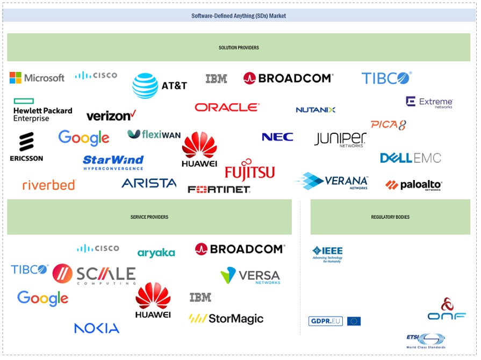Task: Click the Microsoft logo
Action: click(37, 78)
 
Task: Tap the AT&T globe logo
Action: click(145, 85)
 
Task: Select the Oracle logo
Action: click(227, 107)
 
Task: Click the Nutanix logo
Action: click(315, 110)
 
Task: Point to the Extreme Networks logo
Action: click(429, 102)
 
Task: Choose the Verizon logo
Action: click(111, 115)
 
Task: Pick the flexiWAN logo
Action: click(154, 134)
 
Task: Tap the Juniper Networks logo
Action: click(340, 139)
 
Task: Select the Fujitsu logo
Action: click(249, 169)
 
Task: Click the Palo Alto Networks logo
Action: click(413, 185)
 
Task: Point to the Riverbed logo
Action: click(49, 185)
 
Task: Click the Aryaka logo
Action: click(156, 253)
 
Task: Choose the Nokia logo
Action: click(97, 328)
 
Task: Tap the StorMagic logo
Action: click(226, 319)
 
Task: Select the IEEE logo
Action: click(327, 254)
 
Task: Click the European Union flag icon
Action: click(354, 321)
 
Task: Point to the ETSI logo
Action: click(426, 341)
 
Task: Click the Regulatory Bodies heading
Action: click(390, 217)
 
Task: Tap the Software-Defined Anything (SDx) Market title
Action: click(239, 16)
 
